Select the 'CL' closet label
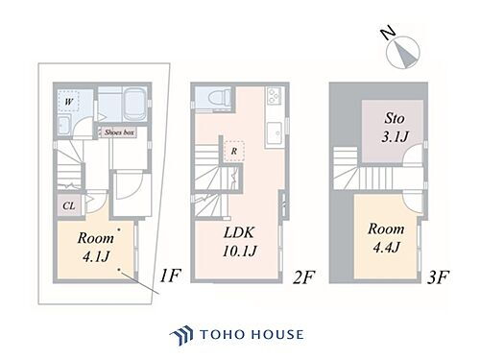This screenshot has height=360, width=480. click(69, 204)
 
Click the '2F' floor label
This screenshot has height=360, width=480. click(302, 277)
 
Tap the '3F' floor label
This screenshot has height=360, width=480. click(438, 277)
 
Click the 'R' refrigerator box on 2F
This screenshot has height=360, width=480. click(233, 151)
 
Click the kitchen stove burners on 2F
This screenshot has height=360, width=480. click(273, 98)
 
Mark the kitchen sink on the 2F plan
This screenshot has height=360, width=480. click(274, 129)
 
